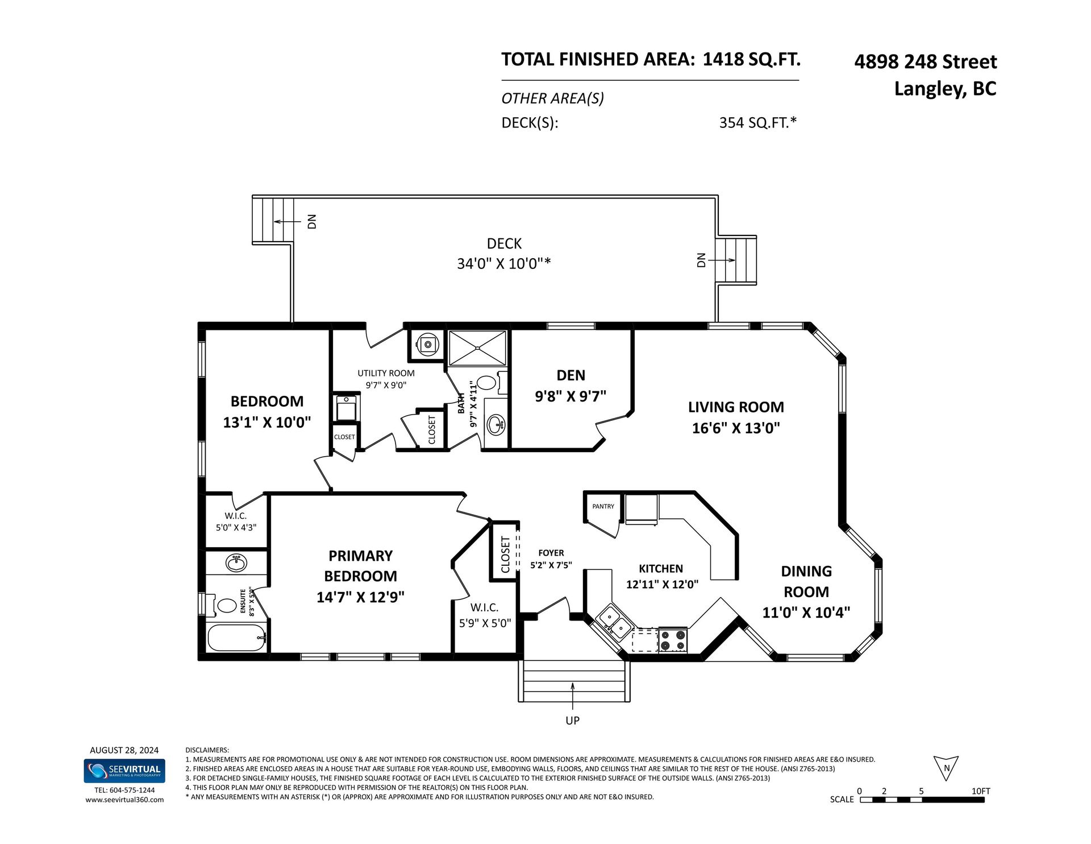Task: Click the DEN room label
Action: click(571, 375)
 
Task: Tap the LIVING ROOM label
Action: click(736, 407)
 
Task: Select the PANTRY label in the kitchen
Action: click(603, 506)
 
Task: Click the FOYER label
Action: click(551, 553)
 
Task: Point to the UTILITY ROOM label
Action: click(386, 373)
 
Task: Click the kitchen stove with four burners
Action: click(673, 640)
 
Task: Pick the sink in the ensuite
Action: click(236, 563)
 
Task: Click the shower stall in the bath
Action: click(477, 347)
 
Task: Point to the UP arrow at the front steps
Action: click(573, 696)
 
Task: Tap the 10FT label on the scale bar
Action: click(981, 791)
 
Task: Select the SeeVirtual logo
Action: click(124, 771)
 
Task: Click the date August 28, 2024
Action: click(124, 750)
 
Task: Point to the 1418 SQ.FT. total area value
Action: click(752, 59)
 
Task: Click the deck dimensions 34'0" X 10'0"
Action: click(504, 264)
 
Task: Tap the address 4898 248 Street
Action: click(926, 61)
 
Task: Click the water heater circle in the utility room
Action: click(426, 343)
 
